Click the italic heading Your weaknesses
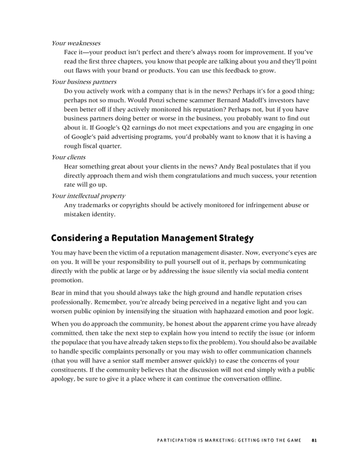(75, 43)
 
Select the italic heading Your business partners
(84, 81)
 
